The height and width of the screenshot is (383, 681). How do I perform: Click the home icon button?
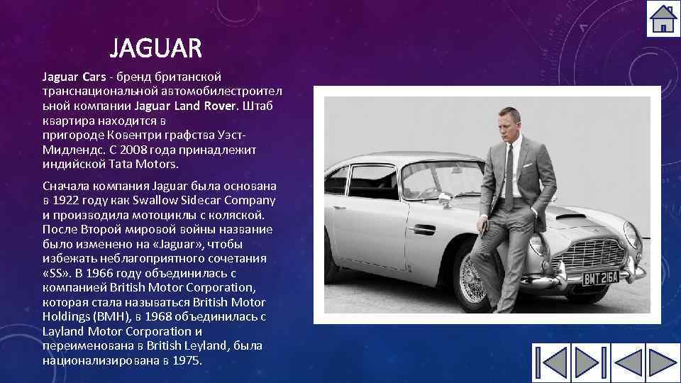click(x=663, y=19)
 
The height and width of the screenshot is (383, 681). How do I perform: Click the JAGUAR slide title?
click(x=156, y=50)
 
